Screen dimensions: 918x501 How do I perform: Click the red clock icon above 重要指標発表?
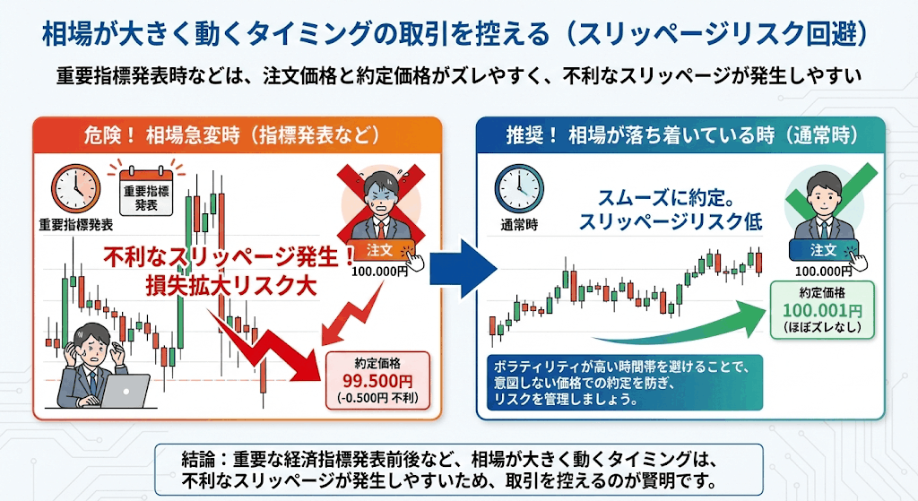point(75,188)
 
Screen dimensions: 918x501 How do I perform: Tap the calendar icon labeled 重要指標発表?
point(146,192)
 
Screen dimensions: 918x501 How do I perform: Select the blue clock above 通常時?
point(519,188)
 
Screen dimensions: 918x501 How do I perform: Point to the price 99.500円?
point(377,381)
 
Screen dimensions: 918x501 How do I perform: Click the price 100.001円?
point(822,310)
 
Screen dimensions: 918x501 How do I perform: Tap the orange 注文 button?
point(380,251)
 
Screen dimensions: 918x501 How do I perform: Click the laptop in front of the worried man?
point(124,391)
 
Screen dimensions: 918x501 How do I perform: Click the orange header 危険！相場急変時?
point(237,135)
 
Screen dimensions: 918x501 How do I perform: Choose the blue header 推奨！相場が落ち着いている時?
point(680,135)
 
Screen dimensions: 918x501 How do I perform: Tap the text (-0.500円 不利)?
point(377,399)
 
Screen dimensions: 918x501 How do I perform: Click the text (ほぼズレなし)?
point(823,327)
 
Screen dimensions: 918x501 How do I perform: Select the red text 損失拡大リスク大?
point(231,286)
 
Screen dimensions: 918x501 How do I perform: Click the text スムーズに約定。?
point(666,198)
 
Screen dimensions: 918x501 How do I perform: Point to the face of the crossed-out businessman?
point(381,197)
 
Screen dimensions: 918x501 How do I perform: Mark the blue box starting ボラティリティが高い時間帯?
point(625,382)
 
